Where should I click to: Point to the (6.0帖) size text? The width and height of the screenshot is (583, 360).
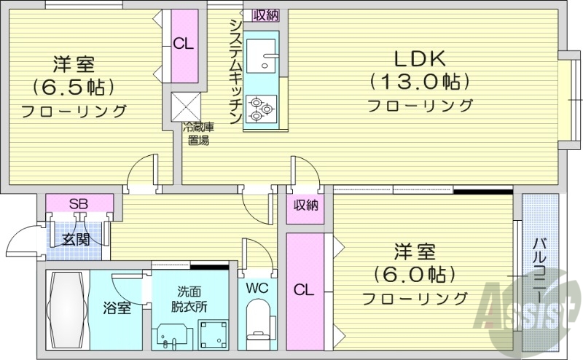[x=414, y=275]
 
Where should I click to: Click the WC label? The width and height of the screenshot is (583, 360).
[x=256, y=287]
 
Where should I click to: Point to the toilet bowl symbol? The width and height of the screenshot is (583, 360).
[x=257, y=321]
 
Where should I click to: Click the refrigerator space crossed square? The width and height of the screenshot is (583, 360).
[x=184, y=106]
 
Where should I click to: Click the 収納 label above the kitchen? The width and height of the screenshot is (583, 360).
[x=265, y=15]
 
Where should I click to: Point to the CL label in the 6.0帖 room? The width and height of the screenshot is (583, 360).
[x=303, y=290]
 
